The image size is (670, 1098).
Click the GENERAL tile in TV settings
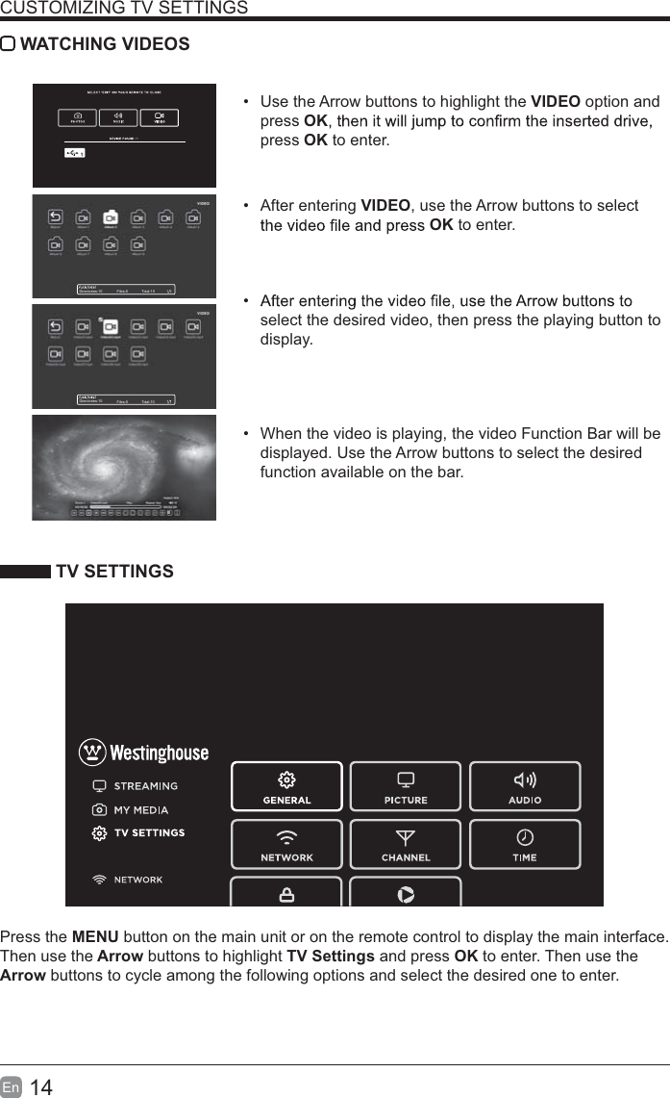coord(286,786)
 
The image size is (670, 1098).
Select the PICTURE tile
coord(406,786)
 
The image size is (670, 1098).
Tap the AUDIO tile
coord(525,786)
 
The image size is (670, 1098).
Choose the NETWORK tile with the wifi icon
coord(286,844)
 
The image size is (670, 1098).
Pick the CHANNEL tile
coord(406,844)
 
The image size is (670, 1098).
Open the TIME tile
coord(525,844)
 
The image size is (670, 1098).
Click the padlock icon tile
coord(286,893)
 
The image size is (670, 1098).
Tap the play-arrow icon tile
coord(406,893)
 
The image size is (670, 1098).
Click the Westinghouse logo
coord(143,752)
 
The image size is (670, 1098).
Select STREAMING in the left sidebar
coord(145,786)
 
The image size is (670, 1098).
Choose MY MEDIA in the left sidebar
coord(140,810)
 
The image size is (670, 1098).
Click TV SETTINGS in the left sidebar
coord(149,833)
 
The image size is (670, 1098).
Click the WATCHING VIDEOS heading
coord(105,44)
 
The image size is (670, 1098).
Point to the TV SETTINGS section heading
coord(114,572)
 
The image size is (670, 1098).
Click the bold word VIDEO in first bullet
coord(555,102)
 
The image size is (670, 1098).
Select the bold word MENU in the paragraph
coord(95,937)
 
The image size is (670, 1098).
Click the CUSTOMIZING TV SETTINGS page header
coord(124,9)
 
